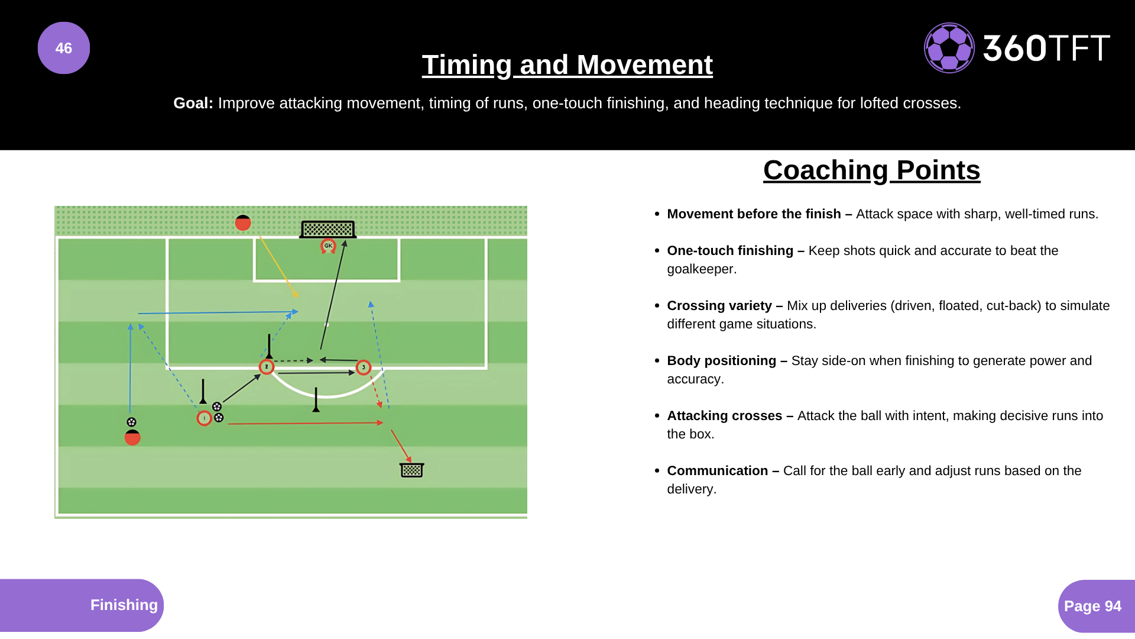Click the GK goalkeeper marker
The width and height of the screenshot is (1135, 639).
click(x=328, y=246)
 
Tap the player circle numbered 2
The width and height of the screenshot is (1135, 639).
click(x=267, y=367)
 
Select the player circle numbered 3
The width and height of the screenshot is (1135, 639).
click(x=364, y=367)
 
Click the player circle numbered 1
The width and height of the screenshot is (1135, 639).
click(x=204, y=418)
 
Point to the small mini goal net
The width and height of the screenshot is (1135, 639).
click(x=412, y=470)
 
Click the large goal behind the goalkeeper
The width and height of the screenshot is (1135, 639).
click(x=328, y=229)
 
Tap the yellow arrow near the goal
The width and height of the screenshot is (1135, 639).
click(x=278, y=266)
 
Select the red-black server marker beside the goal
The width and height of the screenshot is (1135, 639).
click(x=243, y=223)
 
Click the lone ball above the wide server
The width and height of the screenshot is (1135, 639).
click(x=131, y=422)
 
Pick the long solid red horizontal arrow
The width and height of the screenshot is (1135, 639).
click(x=304, y=423)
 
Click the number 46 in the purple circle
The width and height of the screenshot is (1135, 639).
click(x=64, y=48)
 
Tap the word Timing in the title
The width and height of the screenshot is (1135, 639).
click(x=466, y=65)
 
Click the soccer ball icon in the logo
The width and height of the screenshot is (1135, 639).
click(x=949, y=48)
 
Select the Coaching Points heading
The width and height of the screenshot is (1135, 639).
click(x=871, y=170)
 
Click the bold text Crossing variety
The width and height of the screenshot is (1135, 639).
click(x=719, y=306)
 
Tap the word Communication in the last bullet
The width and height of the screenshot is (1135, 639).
click(x=717, y=471)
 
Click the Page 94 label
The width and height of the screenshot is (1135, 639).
click(x=1092, y=606)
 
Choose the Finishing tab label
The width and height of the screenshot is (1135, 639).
click(x=124, y=605)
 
